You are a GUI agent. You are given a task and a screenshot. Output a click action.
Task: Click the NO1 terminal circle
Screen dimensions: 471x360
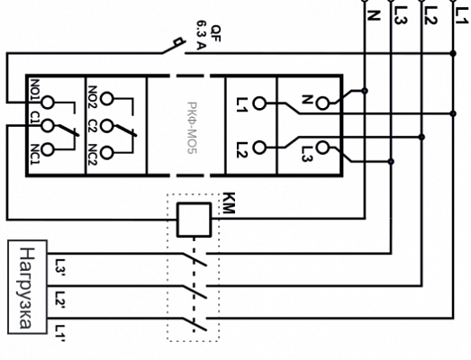pyautogui.click(x=47, y=103)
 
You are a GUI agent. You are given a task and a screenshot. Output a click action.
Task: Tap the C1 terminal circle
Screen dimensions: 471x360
pyautogui.click(x=47, y=125)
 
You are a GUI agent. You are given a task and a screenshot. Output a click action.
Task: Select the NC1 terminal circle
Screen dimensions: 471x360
pyautogui.click(x=47, y=149)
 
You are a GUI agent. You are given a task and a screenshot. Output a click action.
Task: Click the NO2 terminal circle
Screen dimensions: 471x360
pyautogui.click(x=106, y=99)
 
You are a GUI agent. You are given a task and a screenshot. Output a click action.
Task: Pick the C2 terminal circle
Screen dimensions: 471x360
pyautogui.click(x=106, y=125)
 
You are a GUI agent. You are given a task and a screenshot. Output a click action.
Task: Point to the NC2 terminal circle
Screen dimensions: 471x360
pyautogui.click(x=106, y=152)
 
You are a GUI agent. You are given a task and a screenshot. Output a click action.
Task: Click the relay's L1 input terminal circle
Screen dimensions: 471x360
pyautogui.click(x=259, y=103)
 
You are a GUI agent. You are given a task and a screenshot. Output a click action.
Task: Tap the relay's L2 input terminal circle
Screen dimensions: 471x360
pyautogui.click(x=259, y=148)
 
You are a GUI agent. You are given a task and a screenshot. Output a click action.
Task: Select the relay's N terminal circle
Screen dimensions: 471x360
pyautogui.click(x=322, y=103)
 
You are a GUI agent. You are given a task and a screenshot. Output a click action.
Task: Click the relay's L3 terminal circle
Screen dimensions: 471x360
pyautogui.click(x=322, y=148)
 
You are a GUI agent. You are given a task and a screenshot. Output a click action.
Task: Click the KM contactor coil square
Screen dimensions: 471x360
pyautogui.click(x=194, y=220)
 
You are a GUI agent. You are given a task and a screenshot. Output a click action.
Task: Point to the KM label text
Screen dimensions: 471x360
pyautogui.click(x=229, y=203)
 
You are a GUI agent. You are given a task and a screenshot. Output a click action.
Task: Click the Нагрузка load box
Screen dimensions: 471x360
pyautogui.click(x=27, y=287)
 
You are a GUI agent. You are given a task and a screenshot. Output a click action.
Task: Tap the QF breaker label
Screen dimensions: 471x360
pyautogui.click(x=215, y=33)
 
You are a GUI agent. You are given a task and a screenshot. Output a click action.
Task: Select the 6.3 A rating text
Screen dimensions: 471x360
pyautogui.click(x=202, y=35)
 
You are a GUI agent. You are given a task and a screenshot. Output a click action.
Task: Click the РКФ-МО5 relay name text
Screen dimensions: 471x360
pyautogui.click(x=192, y=128)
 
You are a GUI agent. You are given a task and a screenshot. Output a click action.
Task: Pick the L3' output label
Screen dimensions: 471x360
pyautogui.click(x=60, y=265)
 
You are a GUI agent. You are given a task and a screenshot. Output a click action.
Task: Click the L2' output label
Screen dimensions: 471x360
pyautogui.click(x=60, y=298)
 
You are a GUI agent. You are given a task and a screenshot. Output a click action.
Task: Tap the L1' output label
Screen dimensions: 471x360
pyautogui.click(x=60, y=333)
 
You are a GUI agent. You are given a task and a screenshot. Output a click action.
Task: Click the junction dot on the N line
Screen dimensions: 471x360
pyautogui.click(x=365, y=90)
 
